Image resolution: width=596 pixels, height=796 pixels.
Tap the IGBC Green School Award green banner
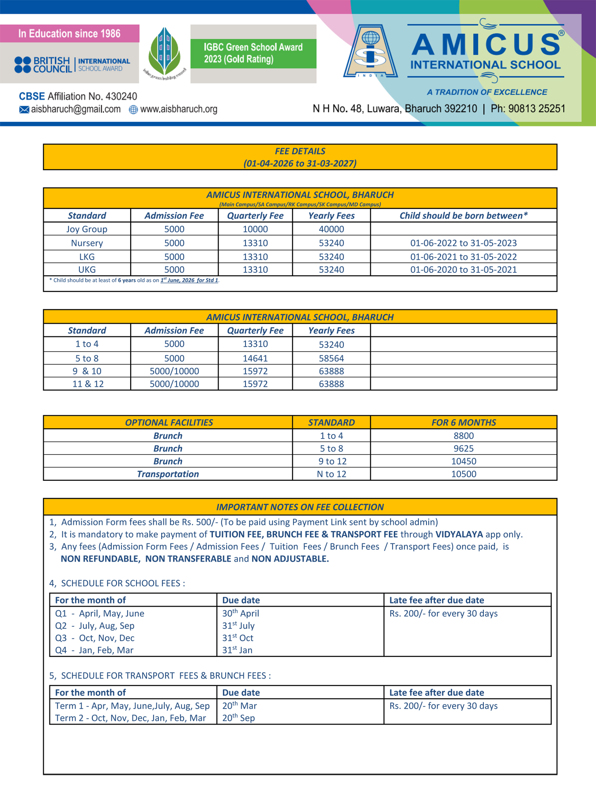pos(253,53)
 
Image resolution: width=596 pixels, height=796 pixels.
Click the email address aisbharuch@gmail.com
pos(75,109)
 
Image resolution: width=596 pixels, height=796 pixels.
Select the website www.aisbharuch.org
pos(178,109)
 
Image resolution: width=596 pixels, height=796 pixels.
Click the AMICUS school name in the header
pos(486,45)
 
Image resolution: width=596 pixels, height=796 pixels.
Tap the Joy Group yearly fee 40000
pos(331,229)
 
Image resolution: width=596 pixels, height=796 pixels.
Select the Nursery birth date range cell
pos(463,243)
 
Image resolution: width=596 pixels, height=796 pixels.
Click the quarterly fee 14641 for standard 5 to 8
pos(255,358)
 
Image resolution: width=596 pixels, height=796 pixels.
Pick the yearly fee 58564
pos(331,358)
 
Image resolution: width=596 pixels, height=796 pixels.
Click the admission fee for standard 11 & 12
pos(174,384)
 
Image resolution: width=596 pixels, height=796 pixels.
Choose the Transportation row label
pos(168,474)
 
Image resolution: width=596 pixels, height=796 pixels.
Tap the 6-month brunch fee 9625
pos(463,449)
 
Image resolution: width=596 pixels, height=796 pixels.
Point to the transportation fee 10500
pos(463,474)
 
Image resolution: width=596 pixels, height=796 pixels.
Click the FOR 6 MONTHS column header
pos(463,423)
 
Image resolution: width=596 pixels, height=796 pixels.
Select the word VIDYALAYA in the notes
pos(459,534)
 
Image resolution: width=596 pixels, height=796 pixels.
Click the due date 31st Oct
pos(238,638)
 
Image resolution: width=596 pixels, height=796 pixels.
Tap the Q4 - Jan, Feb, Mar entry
pos(94,650)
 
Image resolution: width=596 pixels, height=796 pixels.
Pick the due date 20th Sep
pos(238,718)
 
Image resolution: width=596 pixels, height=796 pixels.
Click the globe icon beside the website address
pos(133,109)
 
